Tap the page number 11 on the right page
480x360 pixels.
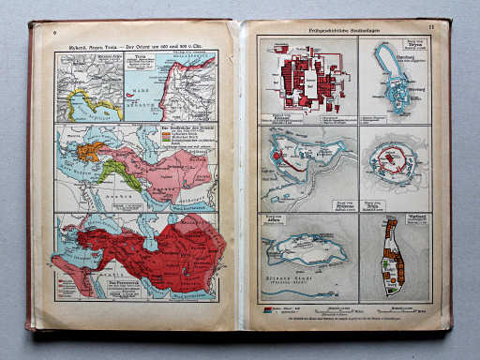pos(430,31)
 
